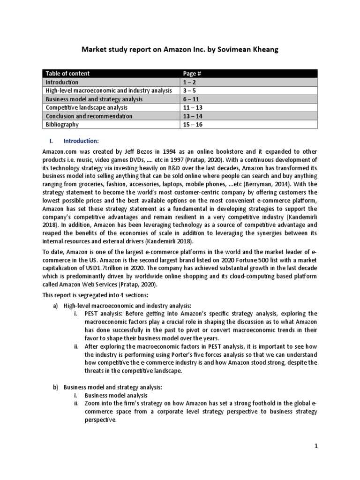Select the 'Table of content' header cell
67,74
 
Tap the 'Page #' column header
193,74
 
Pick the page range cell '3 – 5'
190,90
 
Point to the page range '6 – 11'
193,99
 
